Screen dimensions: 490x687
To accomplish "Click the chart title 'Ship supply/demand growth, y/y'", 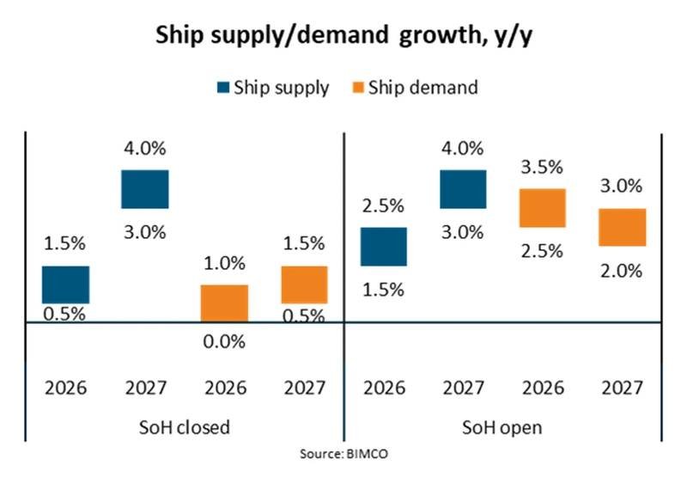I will tap(343, 36).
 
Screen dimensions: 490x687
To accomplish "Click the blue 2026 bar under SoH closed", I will tap(66, 285).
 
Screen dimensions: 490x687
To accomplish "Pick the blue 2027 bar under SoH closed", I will tap(144, 189).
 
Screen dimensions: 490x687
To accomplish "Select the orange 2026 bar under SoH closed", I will tap(224, 303).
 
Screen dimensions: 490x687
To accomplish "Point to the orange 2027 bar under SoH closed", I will tap(304, 285).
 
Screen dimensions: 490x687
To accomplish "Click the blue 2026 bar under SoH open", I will tap(383, 247).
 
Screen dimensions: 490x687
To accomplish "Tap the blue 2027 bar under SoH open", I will tap(463, 189).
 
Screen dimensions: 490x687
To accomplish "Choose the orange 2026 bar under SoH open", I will tap(542, 208).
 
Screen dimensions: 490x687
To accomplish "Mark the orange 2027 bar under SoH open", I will tap(622, 227).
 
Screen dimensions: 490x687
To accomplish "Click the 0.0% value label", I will tap(224, 341).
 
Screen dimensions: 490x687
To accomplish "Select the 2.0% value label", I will tap(622, 271).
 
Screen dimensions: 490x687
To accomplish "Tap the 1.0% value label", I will tap(224, 263).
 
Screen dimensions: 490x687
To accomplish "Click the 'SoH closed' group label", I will tap(184, 426).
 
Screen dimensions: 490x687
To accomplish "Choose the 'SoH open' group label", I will tap(503, 426).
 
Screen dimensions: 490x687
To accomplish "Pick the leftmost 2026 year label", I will tap(66, 388).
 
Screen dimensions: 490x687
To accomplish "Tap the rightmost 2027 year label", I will tap(622, 388).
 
